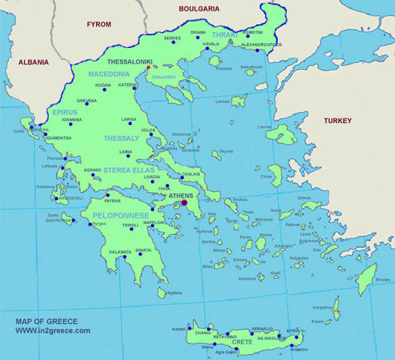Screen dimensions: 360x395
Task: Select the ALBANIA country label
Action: click(34, 62)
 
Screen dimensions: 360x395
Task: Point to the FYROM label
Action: click(99, 25)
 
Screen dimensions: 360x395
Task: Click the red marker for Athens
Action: click(184, 202)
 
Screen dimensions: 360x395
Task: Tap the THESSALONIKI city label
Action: click(130, 63)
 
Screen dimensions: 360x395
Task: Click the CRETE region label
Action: click(242, 342)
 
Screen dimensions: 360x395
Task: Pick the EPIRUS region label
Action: click(65, 111)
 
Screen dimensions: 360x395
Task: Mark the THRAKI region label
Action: click(224, 35)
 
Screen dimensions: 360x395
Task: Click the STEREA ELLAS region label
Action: click(129, 170)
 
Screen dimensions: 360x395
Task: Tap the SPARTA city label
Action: click(143, 250)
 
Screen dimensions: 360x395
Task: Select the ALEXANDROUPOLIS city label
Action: click(262, 45)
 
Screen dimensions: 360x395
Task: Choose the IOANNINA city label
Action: click(72, 120)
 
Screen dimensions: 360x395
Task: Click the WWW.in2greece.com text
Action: click(52, 331)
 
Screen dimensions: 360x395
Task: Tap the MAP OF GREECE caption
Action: click(46, 321)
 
